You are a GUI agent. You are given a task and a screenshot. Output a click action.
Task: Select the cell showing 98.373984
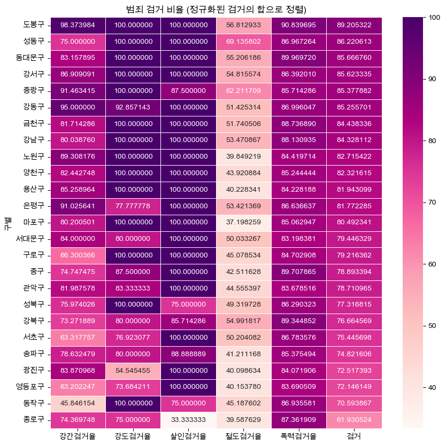point(78,25)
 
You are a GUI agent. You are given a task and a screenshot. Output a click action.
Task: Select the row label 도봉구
point(34,25)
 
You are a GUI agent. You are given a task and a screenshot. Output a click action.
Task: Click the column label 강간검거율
point(78,436)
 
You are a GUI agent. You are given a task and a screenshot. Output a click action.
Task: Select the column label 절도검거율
point(244,436)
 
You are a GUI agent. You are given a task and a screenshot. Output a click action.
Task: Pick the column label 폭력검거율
point(299,436)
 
